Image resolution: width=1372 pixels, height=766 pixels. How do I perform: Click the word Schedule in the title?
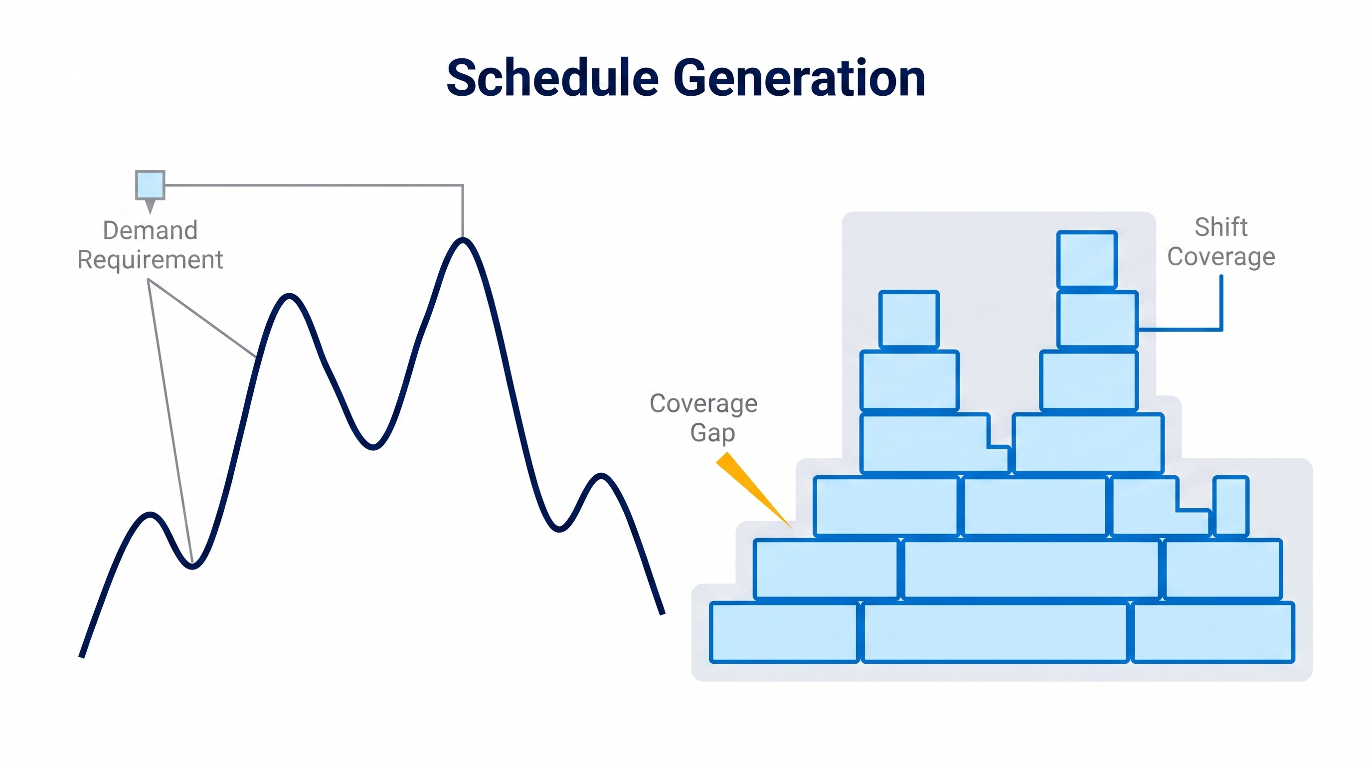point(553,78)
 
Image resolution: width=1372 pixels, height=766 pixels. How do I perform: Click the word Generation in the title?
point(799,78)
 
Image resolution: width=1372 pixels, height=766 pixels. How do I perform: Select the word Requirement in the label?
point(150,260)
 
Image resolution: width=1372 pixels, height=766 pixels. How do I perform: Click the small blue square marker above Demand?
point(150,185)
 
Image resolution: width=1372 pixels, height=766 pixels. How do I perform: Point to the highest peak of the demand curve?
point(463,241)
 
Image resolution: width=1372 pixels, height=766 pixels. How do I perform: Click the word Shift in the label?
point(1221,227)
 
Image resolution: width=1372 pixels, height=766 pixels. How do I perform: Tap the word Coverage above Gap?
point(703,404)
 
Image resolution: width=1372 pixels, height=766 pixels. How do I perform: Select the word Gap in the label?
point(712,433)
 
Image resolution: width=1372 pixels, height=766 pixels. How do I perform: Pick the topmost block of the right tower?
point(1087,260)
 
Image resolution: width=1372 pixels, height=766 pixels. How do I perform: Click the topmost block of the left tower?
point(909,320)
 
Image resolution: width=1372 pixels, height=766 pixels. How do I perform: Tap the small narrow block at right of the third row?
point(1231,506)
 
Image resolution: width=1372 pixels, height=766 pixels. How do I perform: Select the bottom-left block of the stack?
point(784,632)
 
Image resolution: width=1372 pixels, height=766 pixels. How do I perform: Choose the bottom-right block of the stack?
point(1213,632)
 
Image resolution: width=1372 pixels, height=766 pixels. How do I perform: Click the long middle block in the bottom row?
point(995,632)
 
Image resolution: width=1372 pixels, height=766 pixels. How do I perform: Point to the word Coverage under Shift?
point(1221,257)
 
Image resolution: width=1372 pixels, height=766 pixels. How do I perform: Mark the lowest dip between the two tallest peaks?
point(373,446)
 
